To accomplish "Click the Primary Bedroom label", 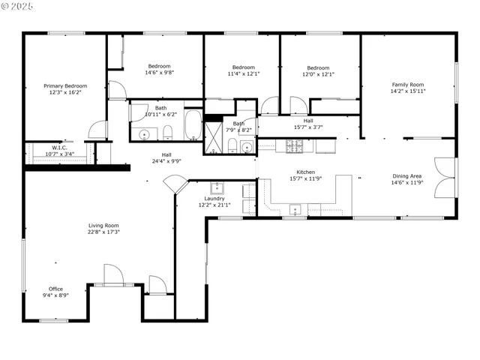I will tap(64, 86).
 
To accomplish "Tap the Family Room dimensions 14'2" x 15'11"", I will tap(407, 91).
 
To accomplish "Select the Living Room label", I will tap(104, 225).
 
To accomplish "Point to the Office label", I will tap(55, 289).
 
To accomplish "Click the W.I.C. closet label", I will tap(59, 148).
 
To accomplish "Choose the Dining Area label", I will tap(406, 176).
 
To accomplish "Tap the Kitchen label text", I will tap(305, 172).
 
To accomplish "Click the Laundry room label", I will tap(214, 199).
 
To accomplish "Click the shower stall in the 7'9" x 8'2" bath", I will tap(215, 139).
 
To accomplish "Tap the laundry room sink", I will tap(216, 187).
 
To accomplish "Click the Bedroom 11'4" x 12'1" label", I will tap(244, 67).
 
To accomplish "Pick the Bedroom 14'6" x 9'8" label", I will tap(159, 66).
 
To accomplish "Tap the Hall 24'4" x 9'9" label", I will tap(166, 154).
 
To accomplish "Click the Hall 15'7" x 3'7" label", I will tap(308, 120).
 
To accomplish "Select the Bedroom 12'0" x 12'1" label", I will tap(318, 67).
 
